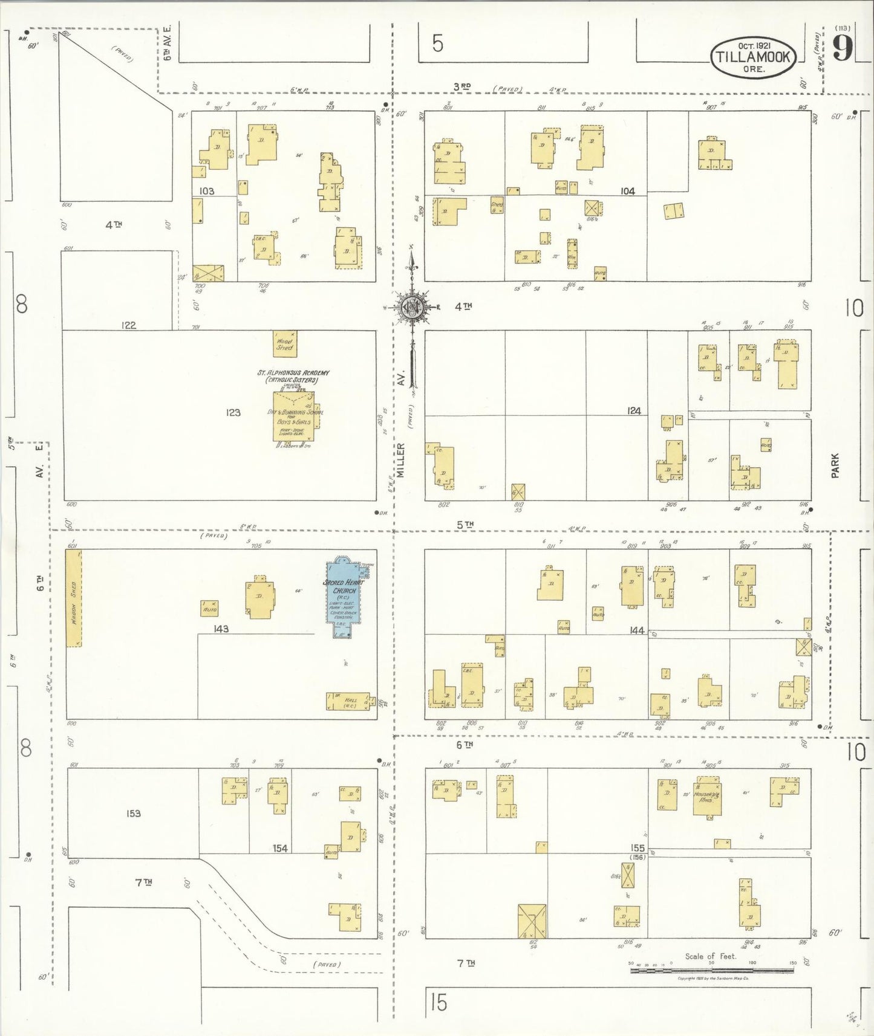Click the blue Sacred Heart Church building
(344, 598)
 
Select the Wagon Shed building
(74, 598)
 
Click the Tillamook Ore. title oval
(752, 57)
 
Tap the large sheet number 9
(842, 48)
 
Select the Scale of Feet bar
(711, 970)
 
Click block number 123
(233, 412)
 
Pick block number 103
(207, 191)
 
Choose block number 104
(627, 191)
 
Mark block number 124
(633, 411)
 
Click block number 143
(221, 629)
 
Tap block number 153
(134, 814)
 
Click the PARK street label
(835, 466)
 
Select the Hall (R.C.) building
(348, 701)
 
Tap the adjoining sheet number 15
(439, 1002)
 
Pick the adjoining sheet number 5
(438, 44)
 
